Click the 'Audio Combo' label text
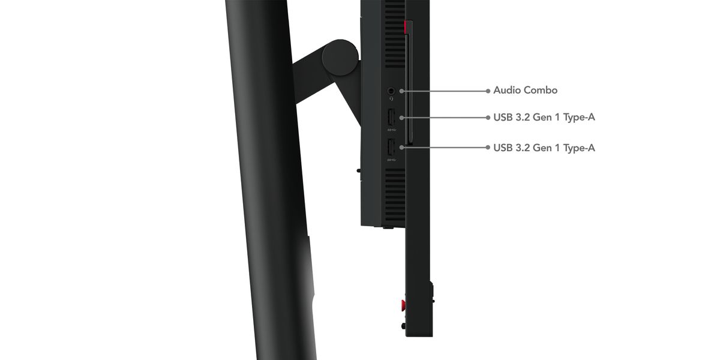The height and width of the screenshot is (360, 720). click(x=525, y=91)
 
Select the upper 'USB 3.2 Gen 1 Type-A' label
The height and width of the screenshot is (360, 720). click(x=544, y=118)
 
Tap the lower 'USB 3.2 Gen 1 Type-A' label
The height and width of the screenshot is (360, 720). click(x=544, y=148)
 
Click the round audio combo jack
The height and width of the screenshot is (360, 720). click(x=391, y=91)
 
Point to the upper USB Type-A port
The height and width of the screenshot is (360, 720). click(x=391, y=118)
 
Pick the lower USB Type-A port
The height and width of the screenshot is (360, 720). click(x=391, y=147)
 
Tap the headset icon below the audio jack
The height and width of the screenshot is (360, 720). click(x=391, y=98)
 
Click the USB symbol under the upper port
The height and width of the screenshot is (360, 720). click(x=392, y=130)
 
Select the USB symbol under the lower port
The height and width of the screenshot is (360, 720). click(x=392, y=160)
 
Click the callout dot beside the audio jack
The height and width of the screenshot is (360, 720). click(x=402, y=91)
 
